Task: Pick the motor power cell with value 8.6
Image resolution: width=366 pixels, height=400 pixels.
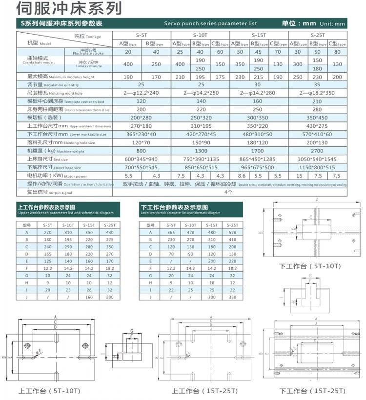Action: click(x=241, y=176)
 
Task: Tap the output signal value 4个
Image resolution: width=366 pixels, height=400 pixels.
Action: click(x=229, y=192)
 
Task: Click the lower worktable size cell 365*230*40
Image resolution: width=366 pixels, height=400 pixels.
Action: click(x=141, y=134)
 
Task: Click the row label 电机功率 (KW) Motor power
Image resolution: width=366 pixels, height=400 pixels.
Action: click(x=49, y=176)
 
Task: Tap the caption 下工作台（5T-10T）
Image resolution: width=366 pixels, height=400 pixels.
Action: click(x=309, y=266)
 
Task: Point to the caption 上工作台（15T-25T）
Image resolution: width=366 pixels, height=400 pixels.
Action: click(x=204, y=391)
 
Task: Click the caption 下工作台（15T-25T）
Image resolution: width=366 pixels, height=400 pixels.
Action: click(x=312, y=391)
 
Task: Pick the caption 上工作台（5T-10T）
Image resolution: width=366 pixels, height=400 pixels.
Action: click(x=49, y=391)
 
